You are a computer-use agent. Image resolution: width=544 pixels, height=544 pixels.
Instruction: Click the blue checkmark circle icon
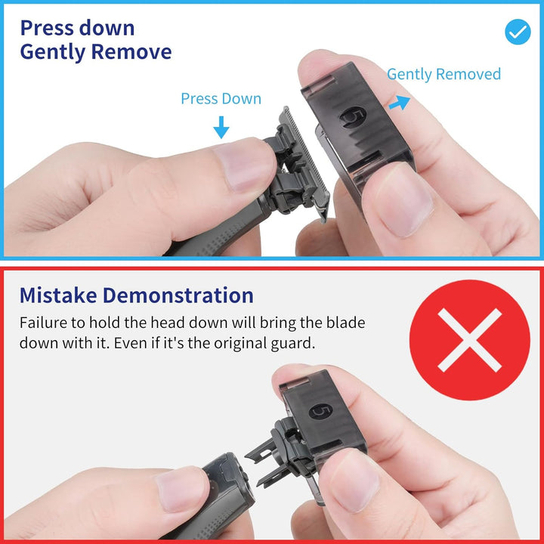pyautogui.click(x=518, y=32)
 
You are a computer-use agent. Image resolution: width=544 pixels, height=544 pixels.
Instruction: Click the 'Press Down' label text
pyautogui.click(x=221, y=99)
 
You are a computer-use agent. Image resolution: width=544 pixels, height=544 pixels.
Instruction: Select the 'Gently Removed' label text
pyautogui.click(x=444, y=74)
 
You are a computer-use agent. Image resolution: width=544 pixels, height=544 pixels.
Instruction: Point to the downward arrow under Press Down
pyautogui.click(x=221, y=126)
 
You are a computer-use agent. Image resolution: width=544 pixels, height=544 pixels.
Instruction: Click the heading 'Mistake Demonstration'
pyautogui.click(x=136, y=295)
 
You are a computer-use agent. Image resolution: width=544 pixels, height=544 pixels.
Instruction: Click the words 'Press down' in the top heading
pyautogui.click(x=77, y=28)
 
